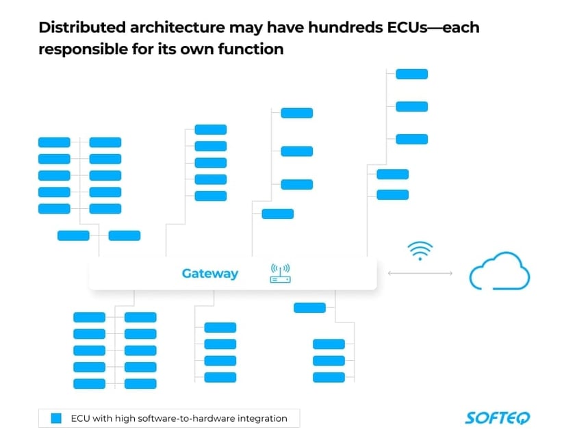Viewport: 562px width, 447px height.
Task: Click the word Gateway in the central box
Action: point(209,274)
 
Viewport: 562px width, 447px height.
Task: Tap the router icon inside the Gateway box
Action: point(279,274)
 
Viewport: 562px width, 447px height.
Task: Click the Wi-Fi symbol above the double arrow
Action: point(420,251)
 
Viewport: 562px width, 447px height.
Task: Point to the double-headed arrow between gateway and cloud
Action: point(420,273)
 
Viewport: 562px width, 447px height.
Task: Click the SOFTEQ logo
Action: point(497,418)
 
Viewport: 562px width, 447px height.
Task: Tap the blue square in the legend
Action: point(57,418)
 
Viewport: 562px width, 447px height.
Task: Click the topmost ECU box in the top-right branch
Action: point(411,74)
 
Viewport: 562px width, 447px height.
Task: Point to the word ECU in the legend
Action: point(81,418)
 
